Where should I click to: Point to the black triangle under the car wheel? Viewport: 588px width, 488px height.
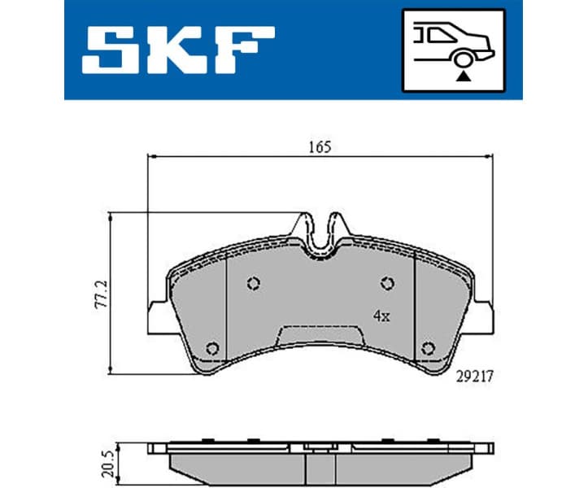pyautogui.click(x=464, y=75)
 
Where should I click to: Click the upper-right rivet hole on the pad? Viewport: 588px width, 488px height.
pyautogui.click(x=388, y=283)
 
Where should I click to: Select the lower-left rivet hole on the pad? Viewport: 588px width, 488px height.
pyautogui.click(x=213, y=348)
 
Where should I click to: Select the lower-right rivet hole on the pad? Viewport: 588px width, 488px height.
pyautogui.click(x=428, y=348)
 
